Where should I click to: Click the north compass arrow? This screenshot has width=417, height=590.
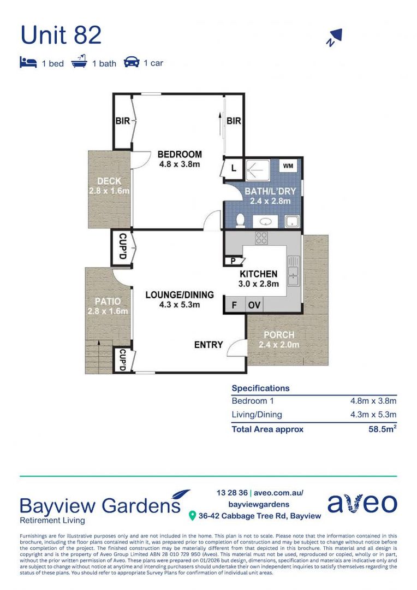click(x=334, y=37)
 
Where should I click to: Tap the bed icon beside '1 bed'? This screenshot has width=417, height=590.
click(x=28, y=62)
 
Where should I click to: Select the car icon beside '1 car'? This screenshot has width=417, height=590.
click(x=131, y=62)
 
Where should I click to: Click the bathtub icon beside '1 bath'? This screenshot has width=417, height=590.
click(x=79, y=61)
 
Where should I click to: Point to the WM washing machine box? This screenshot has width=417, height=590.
click(x=288, y=166)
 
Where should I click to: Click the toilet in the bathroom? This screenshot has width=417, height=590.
click(x=240, y=221)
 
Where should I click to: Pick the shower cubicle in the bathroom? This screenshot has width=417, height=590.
click(x=258, y=170)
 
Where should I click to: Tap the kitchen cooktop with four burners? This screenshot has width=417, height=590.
click(x=261, y=238)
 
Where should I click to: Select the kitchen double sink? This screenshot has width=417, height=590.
click(x=293, y=271)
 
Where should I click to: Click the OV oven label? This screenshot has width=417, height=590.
click(x=254, y=305)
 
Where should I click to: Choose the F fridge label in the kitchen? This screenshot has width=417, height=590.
click(x=234, y=305)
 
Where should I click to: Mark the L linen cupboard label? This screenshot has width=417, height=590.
click(x=234, y=168)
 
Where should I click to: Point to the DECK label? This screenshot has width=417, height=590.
click(x=109, y=181)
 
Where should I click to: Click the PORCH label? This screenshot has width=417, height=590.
click(x=279, y=335)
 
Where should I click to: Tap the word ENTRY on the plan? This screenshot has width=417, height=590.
click(x=208, y=345)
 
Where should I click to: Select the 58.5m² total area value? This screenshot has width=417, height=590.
click(x=383, y=429)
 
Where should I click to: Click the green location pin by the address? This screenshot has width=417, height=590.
click(x=192, y=516)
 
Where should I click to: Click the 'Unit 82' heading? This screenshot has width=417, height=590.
click(x=61, y=35)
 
